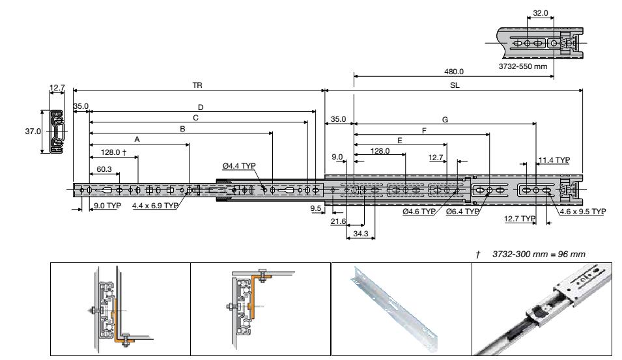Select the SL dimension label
(x=454, y=86)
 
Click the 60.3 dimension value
(x=104, y=169)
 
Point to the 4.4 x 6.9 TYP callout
(x=155, y=205)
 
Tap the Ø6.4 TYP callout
(x=463, y=212)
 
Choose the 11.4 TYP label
(x=554, y=159)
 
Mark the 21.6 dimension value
(x=338, y=222)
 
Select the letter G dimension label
(x=445, y=119)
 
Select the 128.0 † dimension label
(x=113, y=153)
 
